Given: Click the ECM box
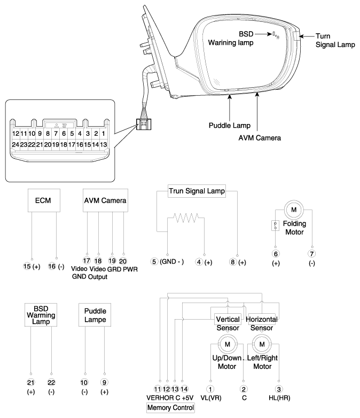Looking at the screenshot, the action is [x=44, y=200].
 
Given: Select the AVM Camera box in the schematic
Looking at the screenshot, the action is [x=105, y=200].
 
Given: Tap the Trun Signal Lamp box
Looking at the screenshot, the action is [x=197, y=191].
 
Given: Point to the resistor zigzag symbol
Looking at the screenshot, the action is [x=186, y=218].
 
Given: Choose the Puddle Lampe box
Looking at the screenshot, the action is [x=95, y=315].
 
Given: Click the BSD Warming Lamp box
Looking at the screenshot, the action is [x=41, y=315].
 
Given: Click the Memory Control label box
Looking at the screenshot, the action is [x=170, y=408].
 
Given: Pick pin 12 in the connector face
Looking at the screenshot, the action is [x=15, y=134].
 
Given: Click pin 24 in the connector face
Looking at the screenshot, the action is [x=15, y=144].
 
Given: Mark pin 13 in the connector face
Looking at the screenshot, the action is [x=104, y=144].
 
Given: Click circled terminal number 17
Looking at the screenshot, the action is [x=87, y=260].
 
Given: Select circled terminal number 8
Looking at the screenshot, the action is [x=233, y=262].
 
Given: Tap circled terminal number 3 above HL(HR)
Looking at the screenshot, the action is [x=279, y=389].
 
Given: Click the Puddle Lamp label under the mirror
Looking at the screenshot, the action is [x=230, y=125].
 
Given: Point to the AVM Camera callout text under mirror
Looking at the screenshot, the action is [x=260, y=138].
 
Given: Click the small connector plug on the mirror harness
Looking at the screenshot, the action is [x=144, y=124].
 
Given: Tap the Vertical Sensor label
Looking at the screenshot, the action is [x=228, y=323].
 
